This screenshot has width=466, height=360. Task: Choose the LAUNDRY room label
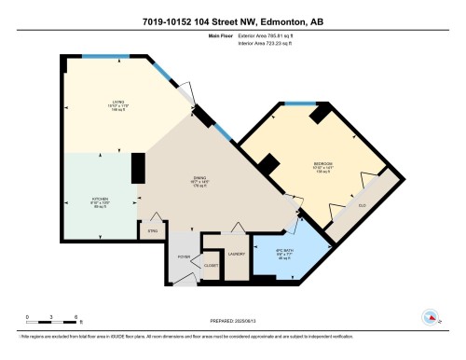coord(236,254)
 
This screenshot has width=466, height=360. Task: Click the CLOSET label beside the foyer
coord(212,265)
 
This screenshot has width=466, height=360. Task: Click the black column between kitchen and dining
coord(138,168)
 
